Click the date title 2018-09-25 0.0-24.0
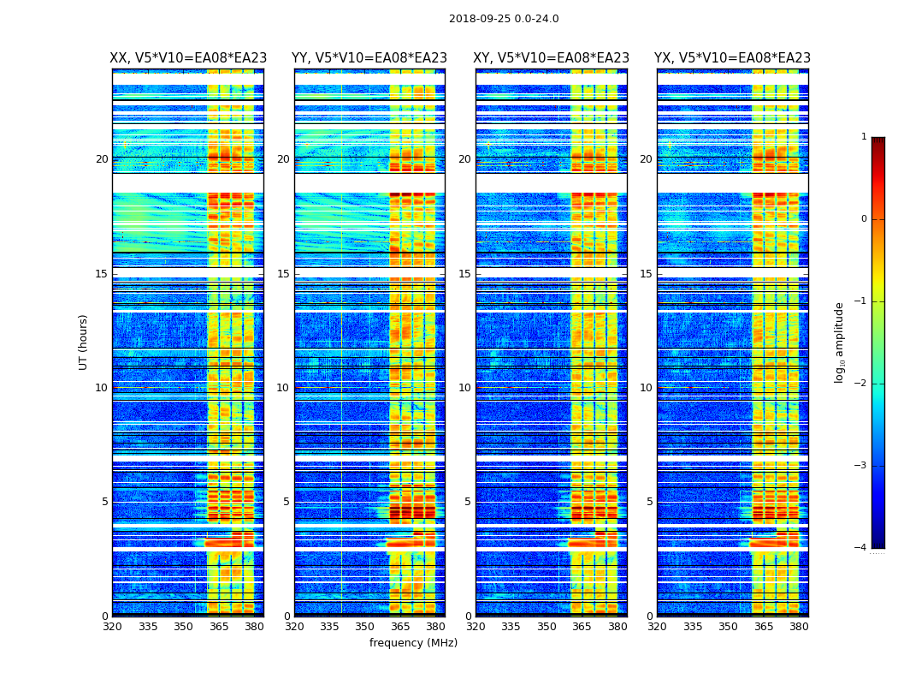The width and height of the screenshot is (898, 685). pyautogui.click(x=504, y=19)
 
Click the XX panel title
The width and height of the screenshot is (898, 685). pyautogui.click(x=188, y=58)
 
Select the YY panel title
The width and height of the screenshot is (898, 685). pyautogui.click(x=369, y=58)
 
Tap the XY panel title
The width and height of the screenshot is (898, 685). pyautogui.click(x=552, y=58)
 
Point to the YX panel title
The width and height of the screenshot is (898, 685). pyautogui.click(x=732, y=58)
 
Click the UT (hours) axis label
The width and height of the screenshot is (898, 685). pyautogui.click(x=84, y=342)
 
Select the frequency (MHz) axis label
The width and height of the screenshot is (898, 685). pyautogui.click(x=413, y=643)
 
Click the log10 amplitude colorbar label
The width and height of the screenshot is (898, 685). pyautogui.click(x=840, y=342)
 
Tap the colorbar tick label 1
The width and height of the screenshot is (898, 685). pyautogui.click(x=864, y=137)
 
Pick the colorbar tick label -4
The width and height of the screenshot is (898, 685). pyautogui.click(x=861, y=548)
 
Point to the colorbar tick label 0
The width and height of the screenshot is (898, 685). pyautogui.click(x=864, y=219)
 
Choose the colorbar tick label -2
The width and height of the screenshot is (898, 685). pyautogui.click(x=861, y=384)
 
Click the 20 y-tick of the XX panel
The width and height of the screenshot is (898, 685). pyautogui.click(x=102, y=159)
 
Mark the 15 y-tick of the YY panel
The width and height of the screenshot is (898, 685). pyautogui.click(x=283, y=274)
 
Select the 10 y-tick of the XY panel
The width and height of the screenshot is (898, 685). pyautogui.click(x=464, y=388)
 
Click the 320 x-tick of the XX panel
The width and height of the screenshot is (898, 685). pyautogui.click(x=112, y=626)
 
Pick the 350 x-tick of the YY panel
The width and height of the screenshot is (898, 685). pyautogui.click(x=365, y=626)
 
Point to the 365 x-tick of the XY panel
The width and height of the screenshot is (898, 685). pyautogui.click(x=582, y=626)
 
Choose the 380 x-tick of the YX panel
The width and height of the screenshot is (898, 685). pyautogui.click(x=799, y=626)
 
